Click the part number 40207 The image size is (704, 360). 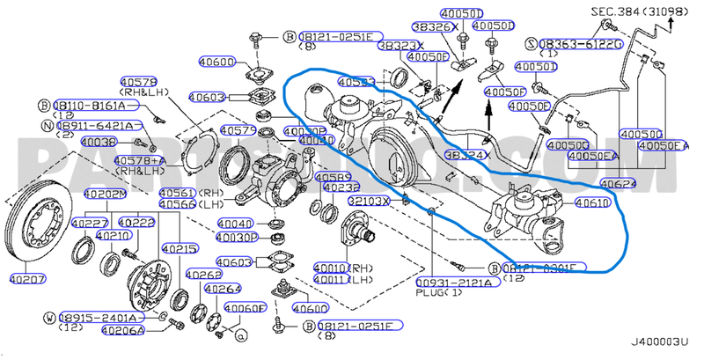27,280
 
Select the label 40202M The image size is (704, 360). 102,194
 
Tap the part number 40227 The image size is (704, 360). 90,223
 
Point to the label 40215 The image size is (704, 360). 180,249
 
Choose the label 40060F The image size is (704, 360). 244,307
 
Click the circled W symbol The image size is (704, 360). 50,317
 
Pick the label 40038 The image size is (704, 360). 98,142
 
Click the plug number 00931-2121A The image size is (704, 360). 454,282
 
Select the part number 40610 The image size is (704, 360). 591,202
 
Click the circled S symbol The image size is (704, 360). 531,42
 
